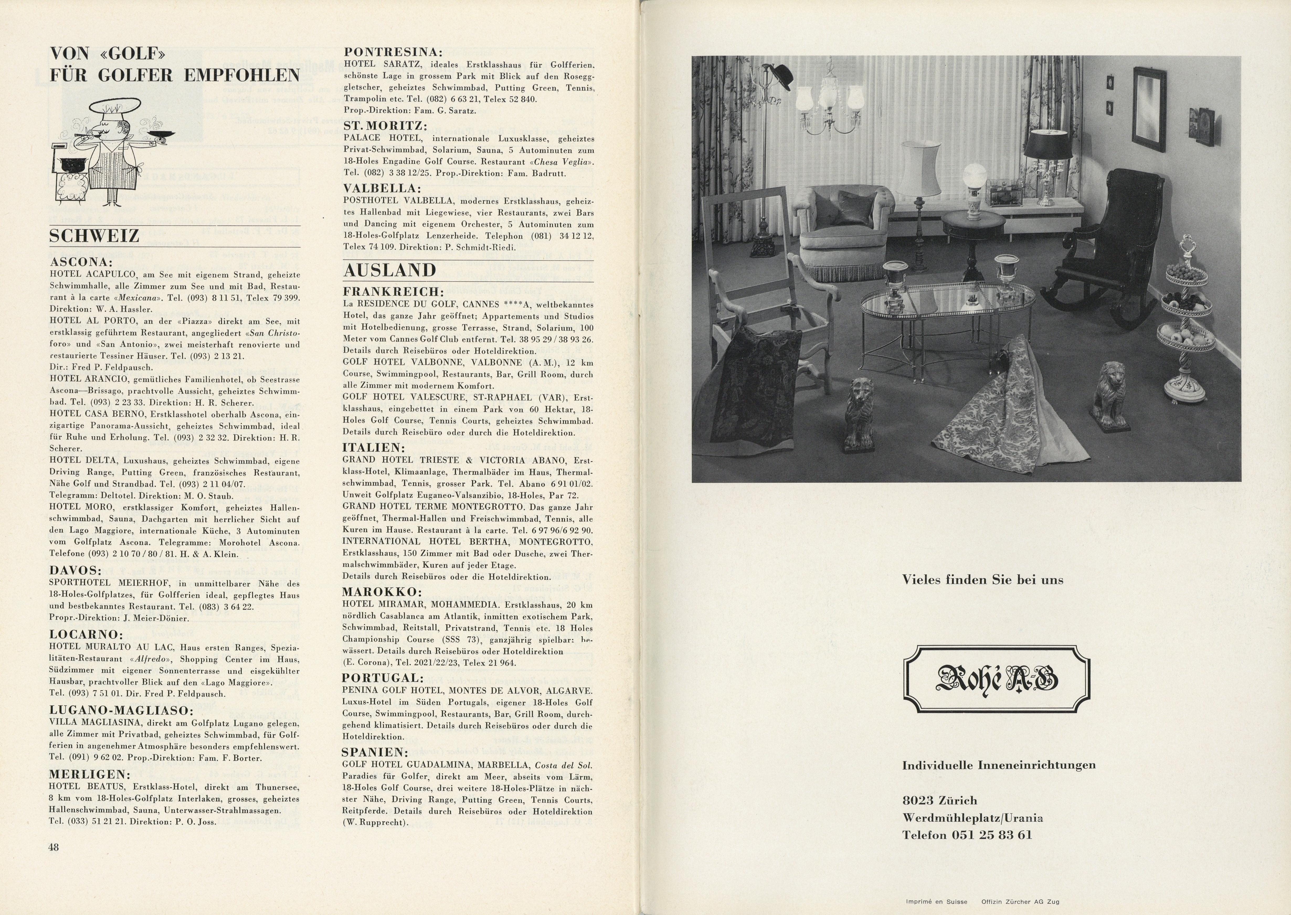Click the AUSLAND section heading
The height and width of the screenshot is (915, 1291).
pos(390,270)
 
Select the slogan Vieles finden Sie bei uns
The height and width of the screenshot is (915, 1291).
pos(982,580)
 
